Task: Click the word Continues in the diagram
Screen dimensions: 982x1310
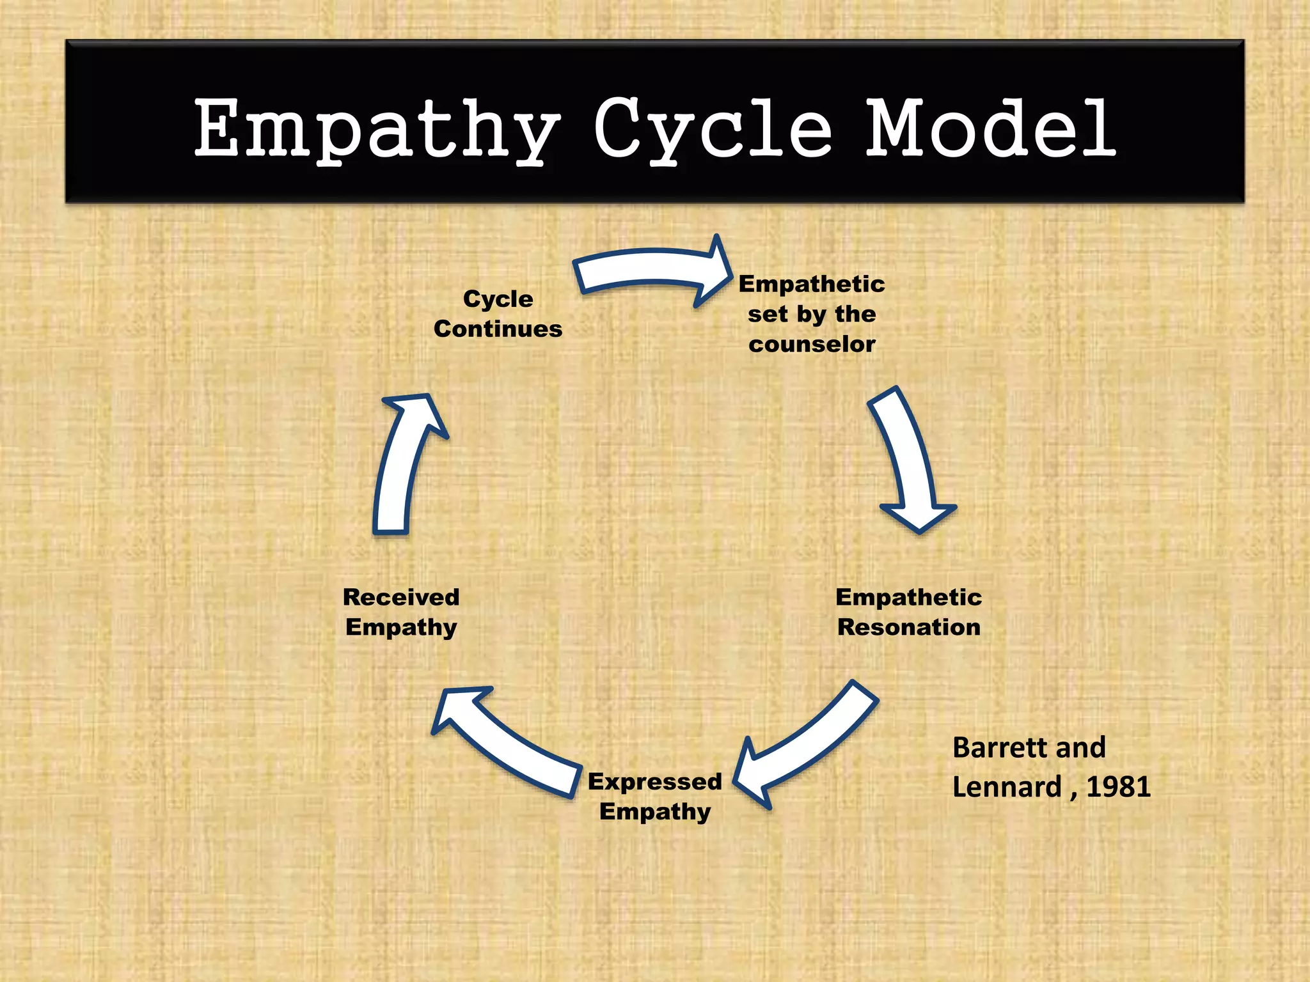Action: pyautogui.click(x=498, y=329)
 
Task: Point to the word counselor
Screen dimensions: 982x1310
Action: pyautogui.click(x=812, y=345)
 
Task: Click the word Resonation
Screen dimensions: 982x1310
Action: pyautogui.click(x=908, y=627)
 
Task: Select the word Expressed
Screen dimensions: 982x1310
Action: pyautogui.click(x=654, y=781)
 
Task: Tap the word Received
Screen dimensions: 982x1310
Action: pyautogui.click(x=401, y=597)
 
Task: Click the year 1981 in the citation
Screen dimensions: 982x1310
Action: pyautogui.click(x=1118, y=786)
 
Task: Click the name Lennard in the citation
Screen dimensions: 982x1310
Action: pyautogui.click(x=1006, y=786)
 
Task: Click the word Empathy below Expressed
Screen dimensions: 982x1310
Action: pyautogui.click(x=654, y=811)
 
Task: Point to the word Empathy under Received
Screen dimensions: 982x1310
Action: pyautogui.click(x=401, y=627)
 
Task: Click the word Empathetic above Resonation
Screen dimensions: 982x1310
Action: pyautogui.click(x=908, y=597)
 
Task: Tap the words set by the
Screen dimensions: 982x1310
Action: pyautogui.click(x=812, y=314)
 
